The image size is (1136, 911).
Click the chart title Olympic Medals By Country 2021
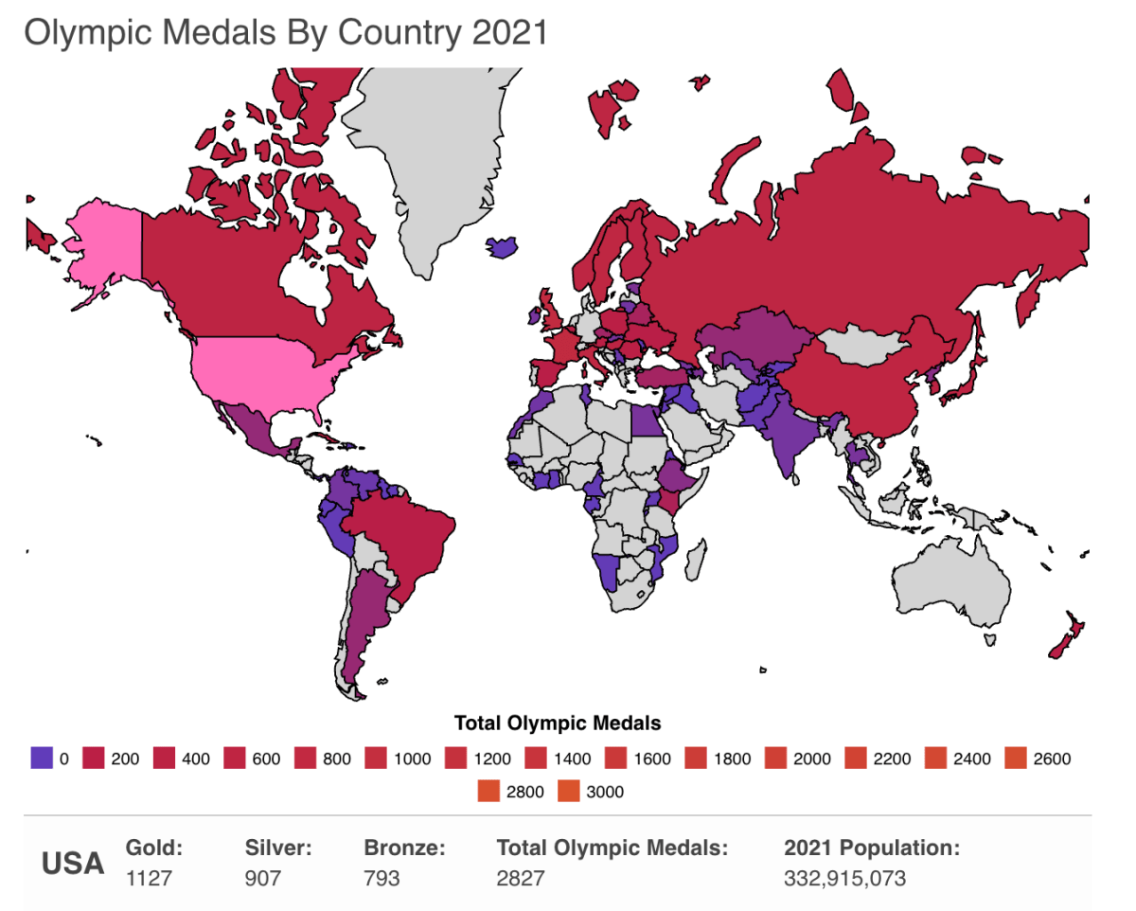pyautogui.click(x=286, y=32)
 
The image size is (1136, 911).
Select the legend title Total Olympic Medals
pyautogui.click(x=558, y=723)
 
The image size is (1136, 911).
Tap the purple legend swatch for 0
pyautogui.click(x=42, y=759)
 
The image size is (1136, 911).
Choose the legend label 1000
pyautogui.click(x=413, y=759)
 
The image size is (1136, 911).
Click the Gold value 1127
pyautogui.click(x=149, y=878)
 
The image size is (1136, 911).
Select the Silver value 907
pyautogui.click(x=263, y=878)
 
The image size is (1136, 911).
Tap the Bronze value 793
pyautogui.click(x=382, y=878)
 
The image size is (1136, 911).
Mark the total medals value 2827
pyautogui.click(x=521, y=878)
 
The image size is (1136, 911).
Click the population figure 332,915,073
pyautogui.click(x=844, y=878)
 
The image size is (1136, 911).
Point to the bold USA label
pyautogui.click(x=73, y=864)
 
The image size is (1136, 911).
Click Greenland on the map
pyautogui.click(x=426, y=161)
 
